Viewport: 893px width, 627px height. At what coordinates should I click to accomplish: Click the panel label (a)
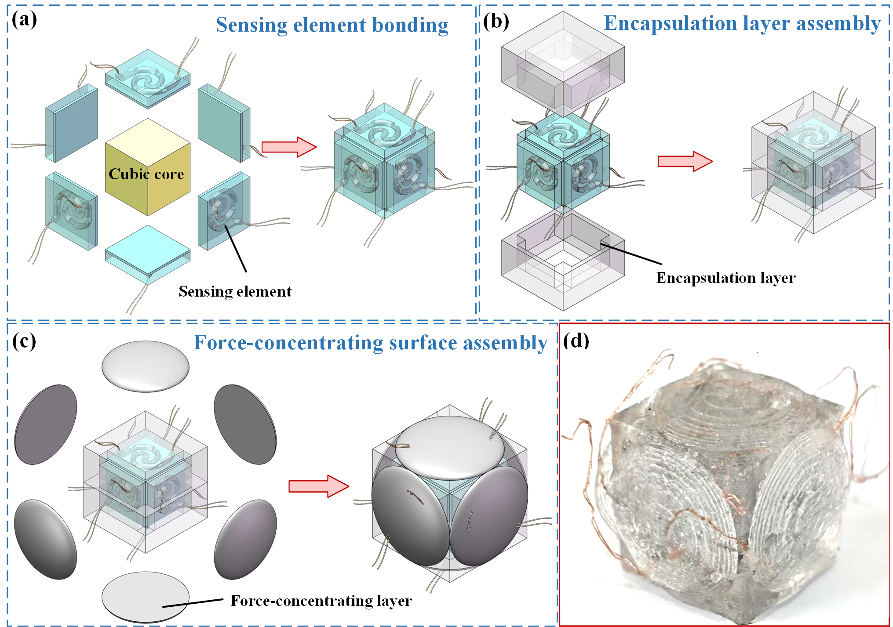tap(24, 20)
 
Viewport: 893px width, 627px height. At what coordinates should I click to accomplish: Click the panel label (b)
tap(496, 21)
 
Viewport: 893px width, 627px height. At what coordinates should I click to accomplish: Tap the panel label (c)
tap(24, 341)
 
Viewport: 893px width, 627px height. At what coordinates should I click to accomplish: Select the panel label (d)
tap(576, 341)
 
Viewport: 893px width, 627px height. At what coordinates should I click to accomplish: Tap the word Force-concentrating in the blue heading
tap(288, 343)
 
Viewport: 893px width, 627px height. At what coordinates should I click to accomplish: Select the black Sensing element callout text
tap(235, 292)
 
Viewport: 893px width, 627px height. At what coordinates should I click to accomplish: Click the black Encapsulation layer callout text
tap(725, 278)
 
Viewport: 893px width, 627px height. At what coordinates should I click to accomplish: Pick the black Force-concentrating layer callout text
tap(321, 601)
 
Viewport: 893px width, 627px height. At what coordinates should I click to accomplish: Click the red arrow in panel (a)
tap(288, 147)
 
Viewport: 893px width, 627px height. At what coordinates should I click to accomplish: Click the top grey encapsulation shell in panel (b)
tap(563, 66)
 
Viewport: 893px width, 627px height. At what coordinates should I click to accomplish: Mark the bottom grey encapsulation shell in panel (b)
tap(563, 264)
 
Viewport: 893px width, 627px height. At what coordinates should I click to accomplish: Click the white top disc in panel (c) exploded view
tap(145, 366)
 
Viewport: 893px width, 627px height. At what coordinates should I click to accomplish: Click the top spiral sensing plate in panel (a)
tap(147, 79)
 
